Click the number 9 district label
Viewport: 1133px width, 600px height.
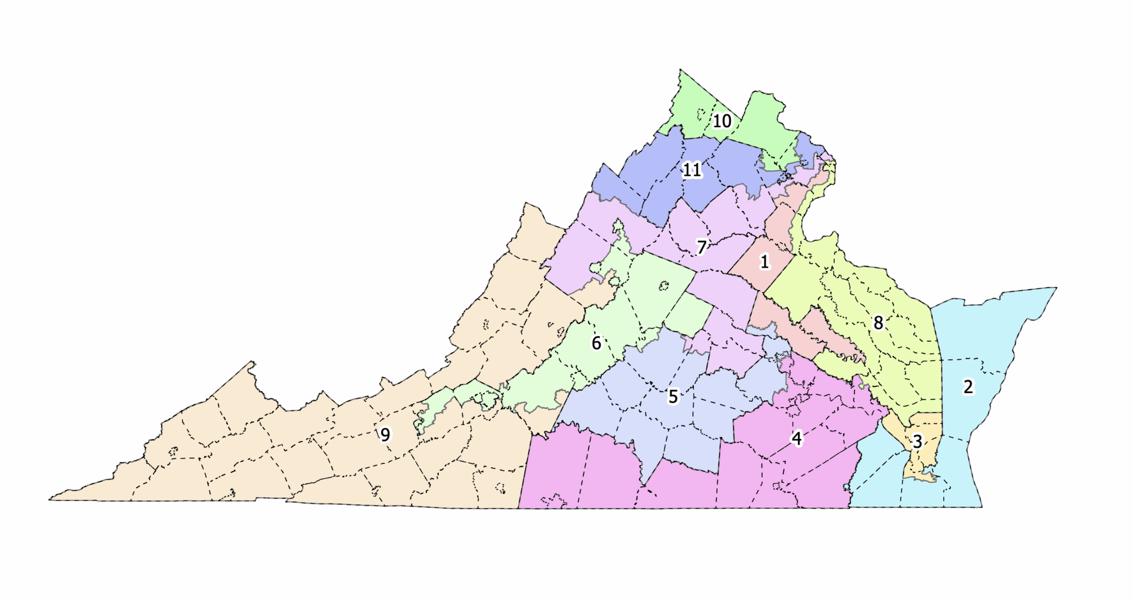[385, 435]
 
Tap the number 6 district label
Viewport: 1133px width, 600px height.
[596, 343]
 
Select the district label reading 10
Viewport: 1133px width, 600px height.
[721, 121]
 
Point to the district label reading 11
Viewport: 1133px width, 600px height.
[692, 170]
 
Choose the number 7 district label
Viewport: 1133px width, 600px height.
[701, 247]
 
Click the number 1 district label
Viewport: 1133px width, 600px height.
[765, 262]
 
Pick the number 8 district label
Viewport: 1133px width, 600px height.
[878, 323]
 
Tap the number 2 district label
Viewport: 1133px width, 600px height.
[968, 387]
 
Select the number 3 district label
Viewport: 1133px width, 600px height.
[917, 441]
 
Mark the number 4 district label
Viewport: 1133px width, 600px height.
[797, 439]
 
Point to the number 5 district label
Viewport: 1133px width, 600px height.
[673, 396]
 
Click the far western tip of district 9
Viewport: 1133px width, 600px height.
[50, 499]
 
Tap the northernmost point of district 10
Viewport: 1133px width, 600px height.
[680, 70]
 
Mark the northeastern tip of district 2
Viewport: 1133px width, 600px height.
[1056, 288]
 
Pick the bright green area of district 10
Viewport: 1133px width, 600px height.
[763, 122]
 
